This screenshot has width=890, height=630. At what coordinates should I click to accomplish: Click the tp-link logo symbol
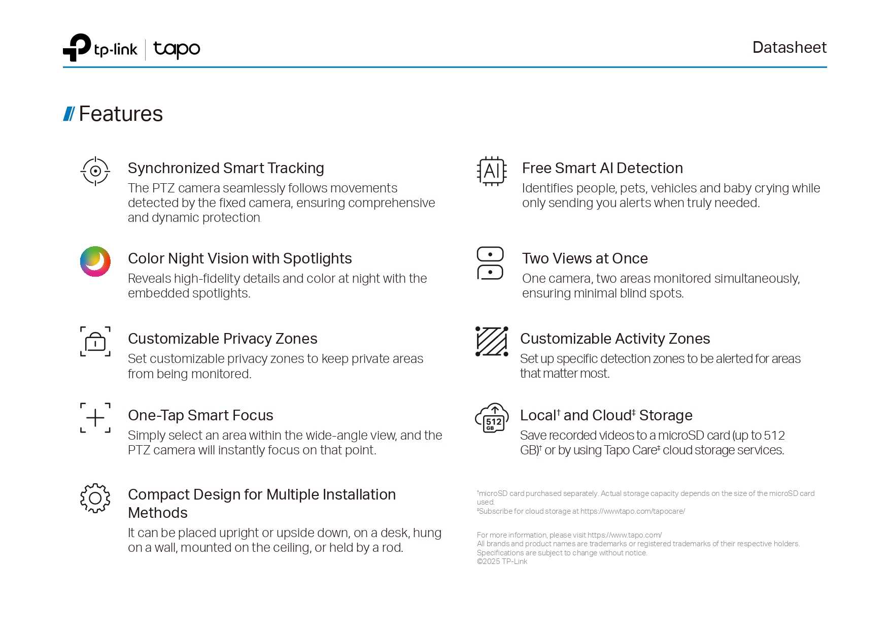pyautogui.click(x=77, y=48)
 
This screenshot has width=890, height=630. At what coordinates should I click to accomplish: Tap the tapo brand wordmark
pyautogui.click(x=177, y=49)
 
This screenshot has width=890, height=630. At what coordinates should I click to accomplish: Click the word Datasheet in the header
pyautogui.click(x=789, y=47)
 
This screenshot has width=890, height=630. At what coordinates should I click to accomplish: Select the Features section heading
pyautogui.click(x=120, y=114)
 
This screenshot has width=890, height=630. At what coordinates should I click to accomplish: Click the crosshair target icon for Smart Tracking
pyautogui.click(x=95, y=171)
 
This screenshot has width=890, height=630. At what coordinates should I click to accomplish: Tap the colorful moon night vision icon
pyautogui.click(x=95, y=261)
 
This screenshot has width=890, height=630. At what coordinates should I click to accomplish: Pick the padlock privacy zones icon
pyautogui.click(x=95, y=342)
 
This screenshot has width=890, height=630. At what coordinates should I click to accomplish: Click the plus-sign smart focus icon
pyautogui.click(x=95, y=418)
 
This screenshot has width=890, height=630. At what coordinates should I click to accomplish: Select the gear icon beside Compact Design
pyautogui.click(x=95, y=498)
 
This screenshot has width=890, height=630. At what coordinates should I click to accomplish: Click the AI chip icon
pyautogui.click(x=492, y=171)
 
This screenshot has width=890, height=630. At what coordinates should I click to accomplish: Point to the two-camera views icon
pyautogui.click(x=490, y=263)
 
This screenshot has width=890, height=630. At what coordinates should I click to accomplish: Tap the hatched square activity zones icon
pyautogui.click(x=492, y=341)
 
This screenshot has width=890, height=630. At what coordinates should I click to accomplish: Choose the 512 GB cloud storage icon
pyautogui.click(x=492, y=418)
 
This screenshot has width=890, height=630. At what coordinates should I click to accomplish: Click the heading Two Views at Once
pyautogui.click(x=585, y=258)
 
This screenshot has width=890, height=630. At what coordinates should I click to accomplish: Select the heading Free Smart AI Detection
pyautogui.click(x=602, y=168)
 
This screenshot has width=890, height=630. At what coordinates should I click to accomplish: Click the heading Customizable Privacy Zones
pyautogui.click(x=222, y=339)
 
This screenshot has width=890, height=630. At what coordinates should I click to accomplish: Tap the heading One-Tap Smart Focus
pyautogui.click(x=200, y=415)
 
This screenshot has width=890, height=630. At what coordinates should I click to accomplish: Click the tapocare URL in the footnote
pyautogui.click(x=633, y=511)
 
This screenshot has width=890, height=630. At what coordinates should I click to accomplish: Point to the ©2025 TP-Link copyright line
pyautogui.click(x=502, y=561)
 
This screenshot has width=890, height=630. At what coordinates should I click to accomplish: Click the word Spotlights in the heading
pyautogui.click(x=317, y=258)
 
